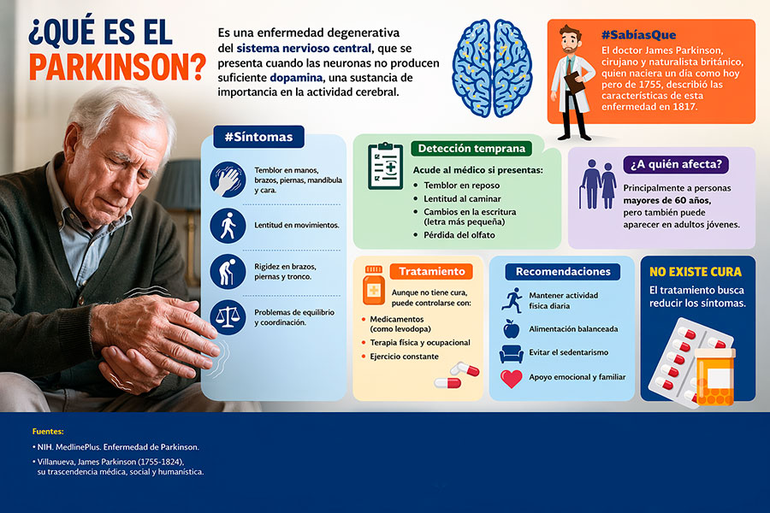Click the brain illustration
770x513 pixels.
tap(492, 68)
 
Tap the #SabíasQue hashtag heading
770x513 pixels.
tap(638, 35)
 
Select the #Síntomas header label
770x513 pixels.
tap(258, 137)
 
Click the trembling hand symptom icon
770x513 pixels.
tap(228, 180)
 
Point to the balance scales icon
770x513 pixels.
tap(228, 317)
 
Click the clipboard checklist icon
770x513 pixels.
tap(386, 166)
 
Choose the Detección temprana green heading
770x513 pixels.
tap(471, 148)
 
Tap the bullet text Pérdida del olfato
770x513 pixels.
tap(459, 235)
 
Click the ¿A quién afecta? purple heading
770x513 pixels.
tap(676, 164)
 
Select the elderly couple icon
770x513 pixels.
tap(598, 184)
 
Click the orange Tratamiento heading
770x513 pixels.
tap(432, 272)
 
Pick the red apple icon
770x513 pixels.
tap(512, 328)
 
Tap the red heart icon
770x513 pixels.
tap(512, 379)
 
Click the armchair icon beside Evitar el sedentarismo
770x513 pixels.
tap(512, 353)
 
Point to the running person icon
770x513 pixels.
tap(512, 300)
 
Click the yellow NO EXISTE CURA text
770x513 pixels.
tap(696, 272)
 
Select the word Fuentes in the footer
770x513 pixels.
tap(48, 432)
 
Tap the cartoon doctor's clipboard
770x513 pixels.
tap(575, 82)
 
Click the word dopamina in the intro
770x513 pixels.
tap(296, 78)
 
